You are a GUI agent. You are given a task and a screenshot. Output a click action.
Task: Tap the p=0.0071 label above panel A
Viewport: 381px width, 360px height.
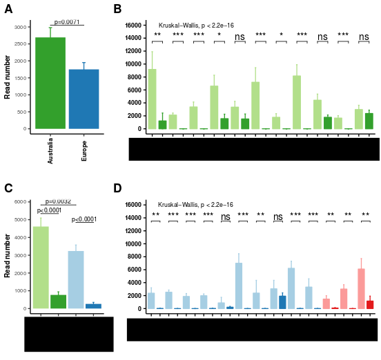(68, 22)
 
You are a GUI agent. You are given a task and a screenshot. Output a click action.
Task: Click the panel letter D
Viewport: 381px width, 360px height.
(117, 188)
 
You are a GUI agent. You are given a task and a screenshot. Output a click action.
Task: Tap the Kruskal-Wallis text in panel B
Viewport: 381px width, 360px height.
(195, 25)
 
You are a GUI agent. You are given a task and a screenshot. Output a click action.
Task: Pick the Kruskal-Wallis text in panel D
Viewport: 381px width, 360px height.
(195, 205)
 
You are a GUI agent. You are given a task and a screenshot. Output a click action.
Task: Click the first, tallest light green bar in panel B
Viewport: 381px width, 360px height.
(152, 99)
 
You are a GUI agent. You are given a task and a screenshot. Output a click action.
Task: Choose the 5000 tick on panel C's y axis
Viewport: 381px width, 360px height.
(21, 219)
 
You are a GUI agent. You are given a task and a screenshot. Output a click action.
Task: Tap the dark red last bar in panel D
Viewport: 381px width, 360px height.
(370, 304)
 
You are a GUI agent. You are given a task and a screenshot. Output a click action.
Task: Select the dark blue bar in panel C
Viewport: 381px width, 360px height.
(93, 306)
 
